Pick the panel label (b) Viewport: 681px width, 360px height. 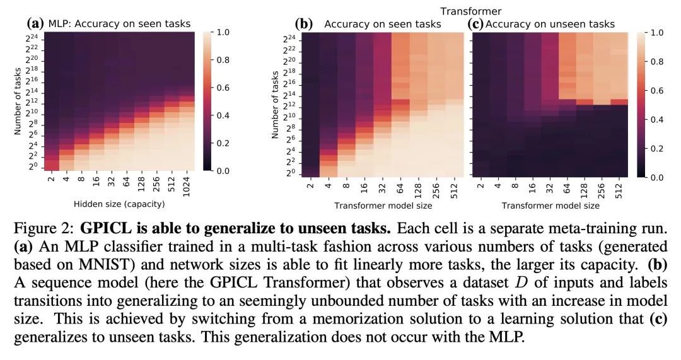(304, 24)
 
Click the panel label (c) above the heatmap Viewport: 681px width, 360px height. (476, 24)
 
